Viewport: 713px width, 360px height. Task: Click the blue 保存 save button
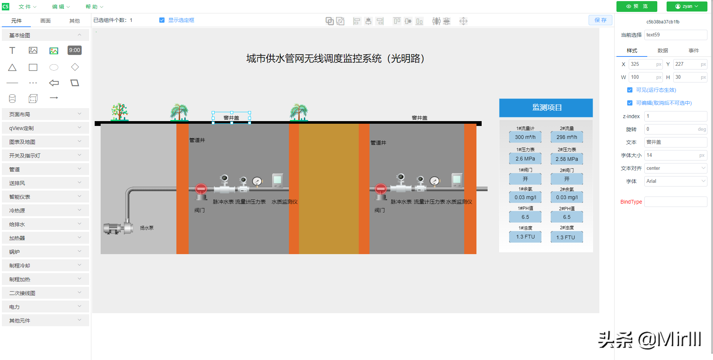click(x=600, y=20)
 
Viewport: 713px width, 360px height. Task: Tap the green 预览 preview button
click(x=637, y=6)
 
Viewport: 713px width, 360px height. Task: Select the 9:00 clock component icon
click(x=75, y=50)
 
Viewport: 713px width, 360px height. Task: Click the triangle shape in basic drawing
click(x=12, y=67)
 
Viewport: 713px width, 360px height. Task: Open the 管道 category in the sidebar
click(x=45, y=169)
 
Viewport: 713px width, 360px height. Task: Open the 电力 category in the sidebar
click(x=45, y=307)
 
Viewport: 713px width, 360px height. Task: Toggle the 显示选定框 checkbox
click(x=162, y=20)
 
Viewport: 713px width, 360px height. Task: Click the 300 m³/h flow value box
click(x=525, y=137)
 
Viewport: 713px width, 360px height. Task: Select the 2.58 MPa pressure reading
click(x=567, y=159)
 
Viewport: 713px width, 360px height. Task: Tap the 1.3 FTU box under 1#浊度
click(x=525, y=237)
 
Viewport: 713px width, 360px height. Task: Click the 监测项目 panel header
click(x=546, y=108)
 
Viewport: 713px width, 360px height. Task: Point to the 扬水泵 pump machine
click(x=118, y=228)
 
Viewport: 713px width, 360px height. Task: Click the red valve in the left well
click(x=201, y=189)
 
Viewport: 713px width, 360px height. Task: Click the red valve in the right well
click(x=381, y=189)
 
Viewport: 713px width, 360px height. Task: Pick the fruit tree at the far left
click(x=120, y=112)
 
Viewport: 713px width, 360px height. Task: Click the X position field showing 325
click(x=642, y=64)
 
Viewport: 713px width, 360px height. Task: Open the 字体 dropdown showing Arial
click(x=675, y=181)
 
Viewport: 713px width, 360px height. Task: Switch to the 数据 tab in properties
click(x=662, y=51)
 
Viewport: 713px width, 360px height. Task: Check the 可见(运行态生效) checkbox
click(x=630, y=90)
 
